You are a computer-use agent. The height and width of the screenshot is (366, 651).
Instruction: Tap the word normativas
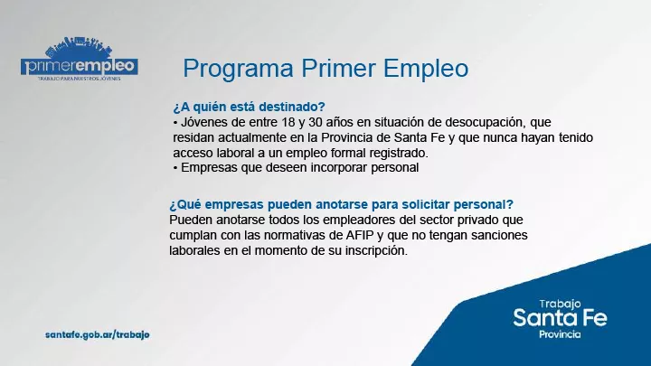[270, 235]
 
